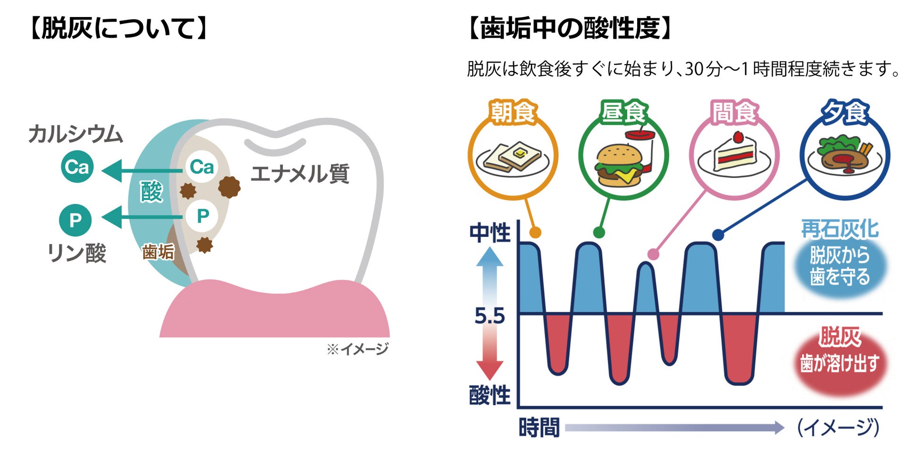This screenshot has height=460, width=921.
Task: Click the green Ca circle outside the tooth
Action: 77,167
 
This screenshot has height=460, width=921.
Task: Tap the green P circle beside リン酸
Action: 75,220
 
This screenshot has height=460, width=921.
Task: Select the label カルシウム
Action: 76,134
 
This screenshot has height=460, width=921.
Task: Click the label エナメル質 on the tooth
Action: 300,174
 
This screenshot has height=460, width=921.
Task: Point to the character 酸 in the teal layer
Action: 151,192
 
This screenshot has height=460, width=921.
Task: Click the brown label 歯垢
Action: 158,252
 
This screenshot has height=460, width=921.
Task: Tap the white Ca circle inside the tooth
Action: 202,167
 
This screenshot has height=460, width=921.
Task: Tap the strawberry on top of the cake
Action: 738,137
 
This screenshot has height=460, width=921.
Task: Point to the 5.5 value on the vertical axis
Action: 489,316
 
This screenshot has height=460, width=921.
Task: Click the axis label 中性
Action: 490,233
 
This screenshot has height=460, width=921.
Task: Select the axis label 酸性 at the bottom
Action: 490,395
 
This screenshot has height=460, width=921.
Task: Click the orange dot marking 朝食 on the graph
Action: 535,232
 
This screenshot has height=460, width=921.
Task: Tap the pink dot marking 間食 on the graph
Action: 653,254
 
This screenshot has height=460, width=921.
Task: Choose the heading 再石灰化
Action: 840,230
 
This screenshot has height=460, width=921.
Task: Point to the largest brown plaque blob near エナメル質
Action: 229,187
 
